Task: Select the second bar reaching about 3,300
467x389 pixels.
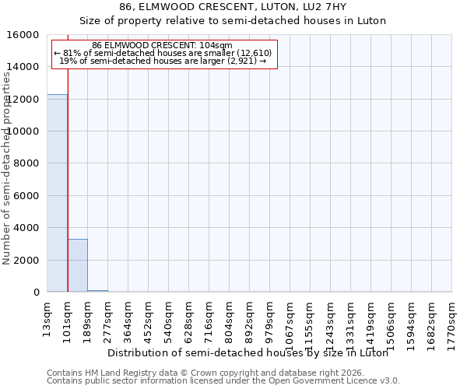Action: click(77, 265)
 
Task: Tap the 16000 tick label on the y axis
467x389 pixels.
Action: click(24, 35)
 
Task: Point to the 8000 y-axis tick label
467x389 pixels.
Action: click(27, 163)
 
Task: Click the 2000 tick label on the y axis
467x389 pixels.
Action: click(27, 260)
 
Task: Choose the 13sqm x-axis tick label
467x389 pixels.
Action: click(47, 317)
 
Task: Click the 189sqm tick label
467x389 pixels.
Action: click(88, 318)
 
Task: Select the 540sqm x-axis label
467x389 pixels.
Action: click(169, 318)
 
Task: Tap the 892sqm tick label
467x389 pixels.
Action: click(250, 318)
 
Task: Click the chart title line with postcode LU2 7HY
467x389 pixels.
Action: click(233, 7)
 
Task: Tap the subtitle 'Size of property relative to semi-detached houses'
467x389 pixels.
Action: click(233, 21)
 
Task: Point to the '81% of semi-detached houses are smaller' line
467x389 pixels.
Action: click(163, 53)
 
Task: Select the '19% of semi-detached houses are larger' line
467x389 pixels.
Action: click(163, 61)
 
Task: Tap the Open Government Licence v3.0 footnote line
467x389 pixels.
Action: click(223, 381)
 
